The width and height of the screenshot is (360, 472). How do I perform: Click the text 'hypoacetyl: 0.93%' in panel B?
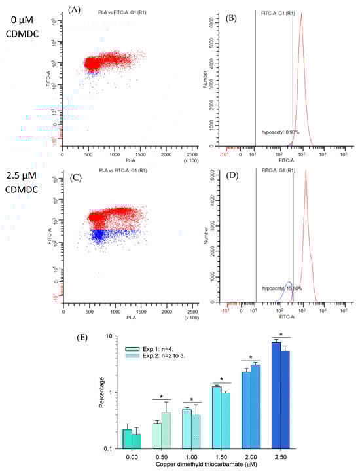coord(282,132)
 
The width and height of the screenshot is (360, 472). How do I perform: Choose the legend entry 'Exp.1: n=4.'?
coord(156,351)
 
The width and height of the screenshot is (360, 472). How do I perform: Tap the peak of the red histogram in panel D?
coord(306,189)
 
